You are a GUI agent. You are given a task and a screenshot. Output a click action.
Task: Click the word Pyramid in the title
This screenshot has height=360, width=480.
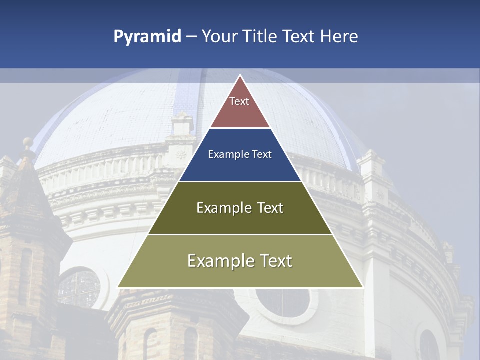147,37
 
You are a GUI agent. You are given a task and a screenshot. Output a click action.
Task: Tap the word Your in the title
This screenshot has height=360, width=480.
218,36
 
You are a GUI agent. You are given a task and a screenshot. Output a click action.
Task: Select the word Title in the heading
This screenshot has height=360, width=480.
260,36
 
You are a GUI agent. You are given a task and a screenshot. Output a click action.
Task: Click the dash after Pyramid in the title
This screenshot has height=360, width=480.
191,37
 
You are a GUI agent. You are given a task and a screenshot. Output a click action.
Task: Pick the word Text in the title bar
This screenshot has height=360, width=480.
299,36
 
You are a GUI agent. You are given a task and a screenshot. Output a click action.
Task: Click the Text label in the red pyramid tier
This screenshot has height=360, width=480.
239,101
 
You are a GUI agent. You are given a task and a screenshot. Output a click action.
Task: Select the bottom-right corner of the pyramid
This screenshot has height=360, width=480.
362,287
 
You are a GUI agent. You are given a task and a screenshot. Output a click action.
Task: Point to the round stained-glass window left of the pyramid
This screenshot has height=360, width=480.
79,289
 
